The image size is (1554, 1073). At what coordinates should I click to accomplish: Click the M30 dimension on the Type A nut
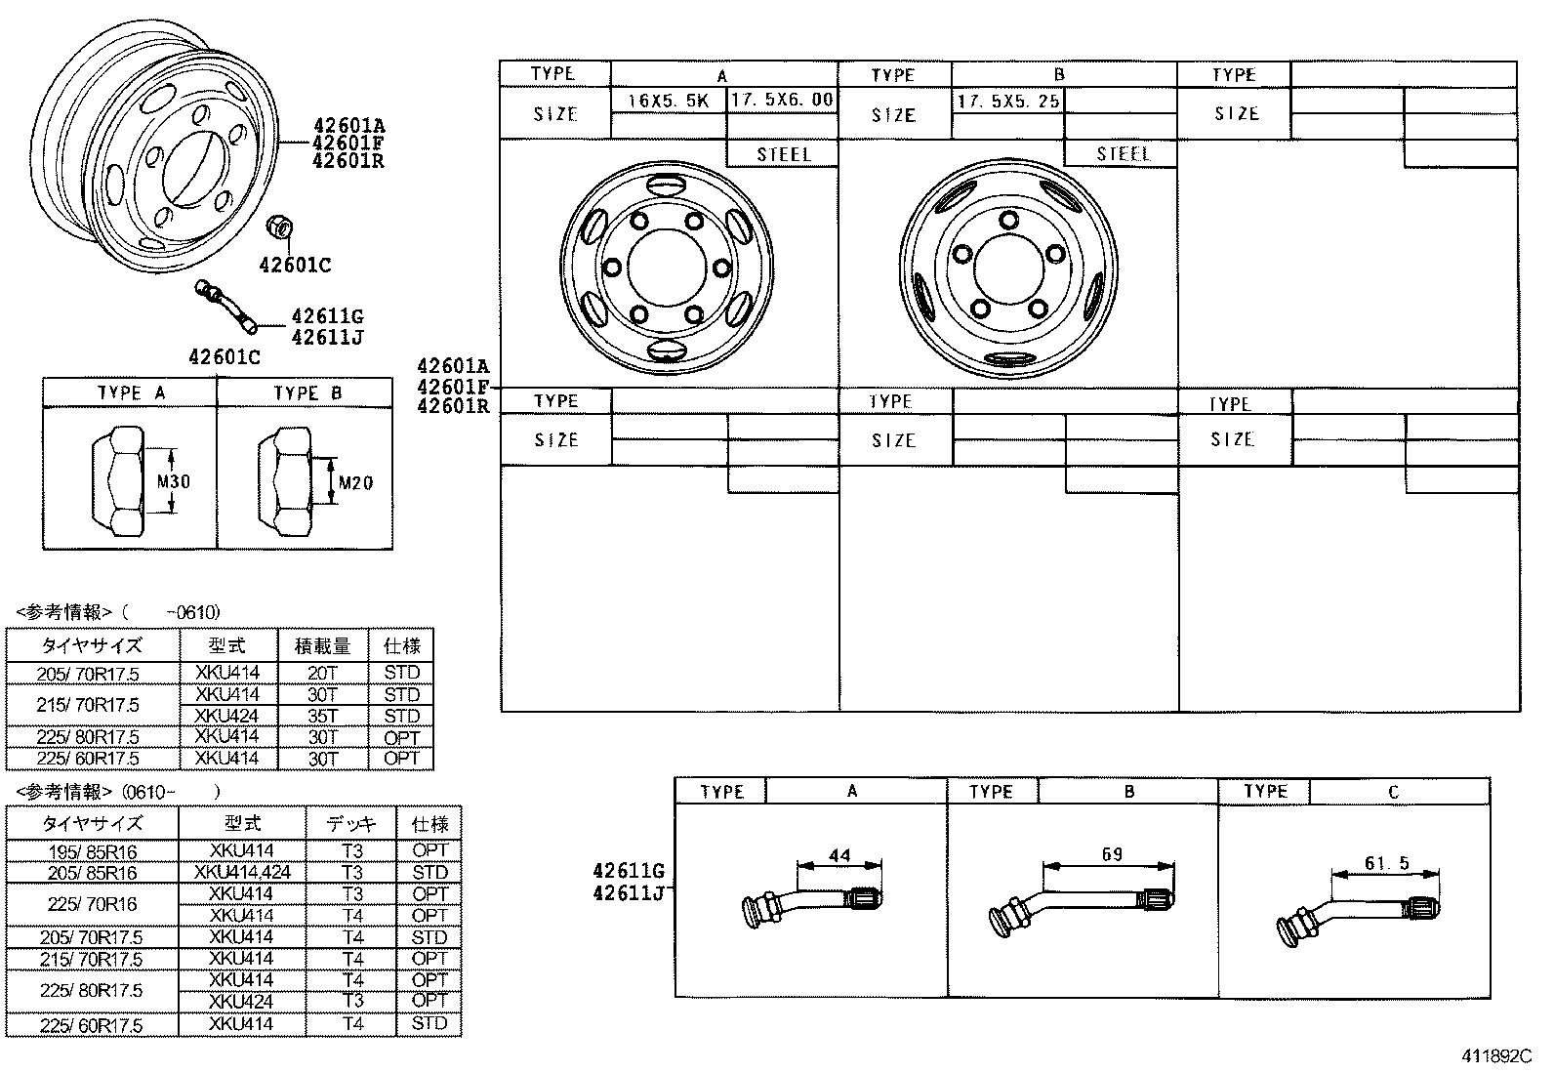(x=174, y=481)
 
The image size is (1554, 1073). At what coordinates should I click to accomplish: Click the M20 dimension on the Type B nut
(x=353, y=482)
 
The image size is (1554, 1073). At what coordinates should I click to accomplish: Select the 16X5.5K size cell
(x=669, y=101)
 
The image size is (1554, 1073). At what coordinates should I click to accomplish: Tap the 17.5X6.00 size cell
(x=782, y=100)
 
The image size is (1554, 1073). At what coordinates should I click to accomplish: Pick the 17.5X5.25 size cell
(x=1008, y=101)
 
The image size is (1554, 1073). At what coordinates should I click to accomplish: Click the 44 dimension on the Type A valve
(x=839, y=855)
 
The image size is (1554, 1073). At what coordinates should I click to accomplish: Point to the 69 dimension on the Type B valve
(x=1112, y=854)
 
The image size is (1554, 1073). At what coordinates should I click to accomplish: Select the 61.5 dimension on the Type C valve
(x=1387, y=863)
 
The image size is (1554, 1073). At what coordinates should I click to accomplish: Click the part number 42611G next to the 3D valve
(x=327, y=316)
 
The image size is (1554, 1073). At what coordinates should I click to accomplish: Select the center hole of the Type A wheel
(x=665, y=267)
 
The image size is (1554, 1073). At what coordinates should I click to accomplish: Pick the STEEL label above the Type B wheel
(x=1123, y=154)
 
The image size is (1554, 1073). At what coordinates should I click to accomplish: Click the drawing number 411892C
(x=1496, y=1055)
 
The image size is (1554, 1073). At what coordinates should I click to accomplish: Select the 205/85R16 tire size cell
(x=93, y=873)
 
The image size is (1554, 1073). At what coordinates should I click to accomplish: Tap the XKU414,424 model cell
(x=242, y=872)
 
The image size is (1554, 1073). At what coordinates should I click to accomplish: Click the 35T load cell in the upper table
(x=322, y=716)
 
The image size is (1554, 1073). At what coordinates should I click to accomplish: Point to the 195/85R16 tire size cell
(x=93, y=851)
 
